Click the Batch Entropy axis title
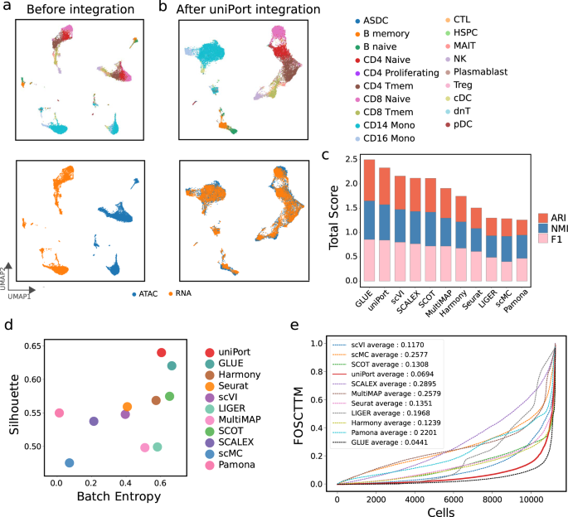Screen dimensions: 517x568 pos(106,496)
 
